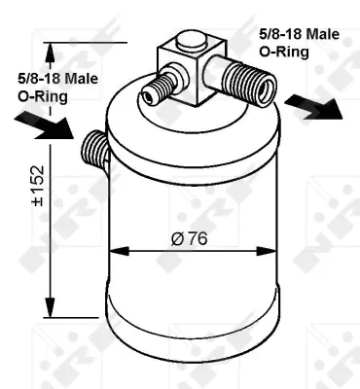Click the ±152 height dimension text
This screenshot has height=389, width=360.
tap(38, 186)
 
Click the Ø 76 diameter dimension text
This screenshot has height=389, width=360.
tap(189, 239)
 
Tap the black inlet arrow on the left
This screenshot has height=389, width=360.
tap(45, 126)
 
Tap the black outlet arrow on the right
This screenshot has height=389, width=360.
tap(313, 107)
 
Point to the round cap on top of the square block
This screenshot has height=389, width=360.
tap(192, 41)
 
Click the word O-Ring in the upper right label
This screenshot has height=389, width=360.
tap(284, 52)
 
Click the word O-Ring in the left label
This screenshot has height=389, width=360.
tap(43, 96)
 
